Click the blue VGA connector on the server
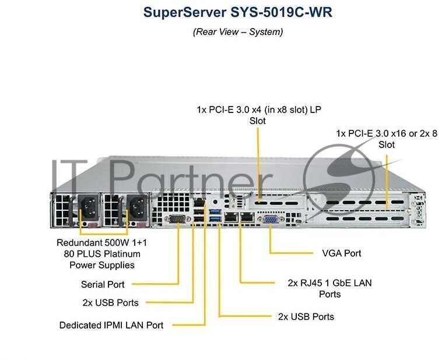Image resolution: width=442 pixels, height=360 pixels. [270, 220]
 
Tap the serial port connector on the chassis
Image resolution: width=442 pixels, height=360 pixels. [177, 220]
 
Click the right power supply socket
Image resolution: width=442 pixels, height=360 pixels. [136, 206]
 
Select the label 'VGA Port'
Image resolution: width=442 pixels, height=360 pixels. [341, 253]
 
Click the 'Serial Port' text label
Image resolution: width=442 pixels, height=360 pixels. [103, 285]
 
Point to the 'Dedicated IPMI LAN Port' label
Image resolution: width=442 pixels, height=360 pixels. [111, 325]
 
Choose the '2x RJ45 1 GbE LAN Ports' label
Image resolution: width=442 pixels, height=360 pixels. [329, 288]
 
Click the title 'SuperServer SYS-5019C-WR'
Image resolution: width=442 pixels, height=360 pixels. [237, 12]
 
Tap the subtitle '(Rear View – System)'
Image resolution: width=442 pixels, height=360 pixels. [238, 31]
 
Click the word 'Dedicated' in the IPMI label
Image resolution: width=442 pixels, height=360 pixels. [80, 325]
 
